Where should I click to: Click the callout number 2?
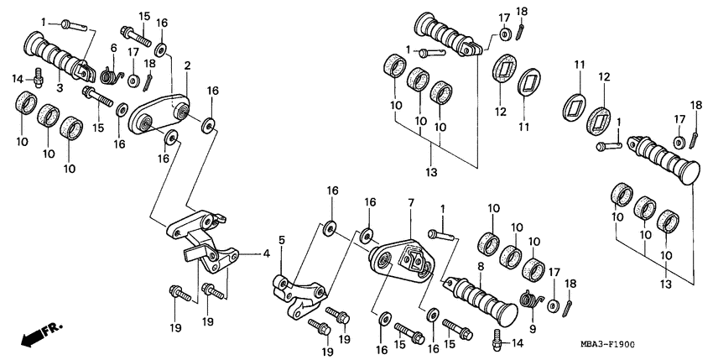click(x=187, y=65)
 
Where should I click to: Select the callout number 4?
click(x=267, y=253)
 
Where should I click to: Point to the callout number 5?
click(x=282, y=240)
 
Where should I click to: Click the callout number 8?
click(x=480, y=267)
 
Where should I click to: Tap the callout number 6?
click(x=113, y=49)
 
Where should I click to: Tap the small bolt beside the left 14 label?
click(x=39, y=81)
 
